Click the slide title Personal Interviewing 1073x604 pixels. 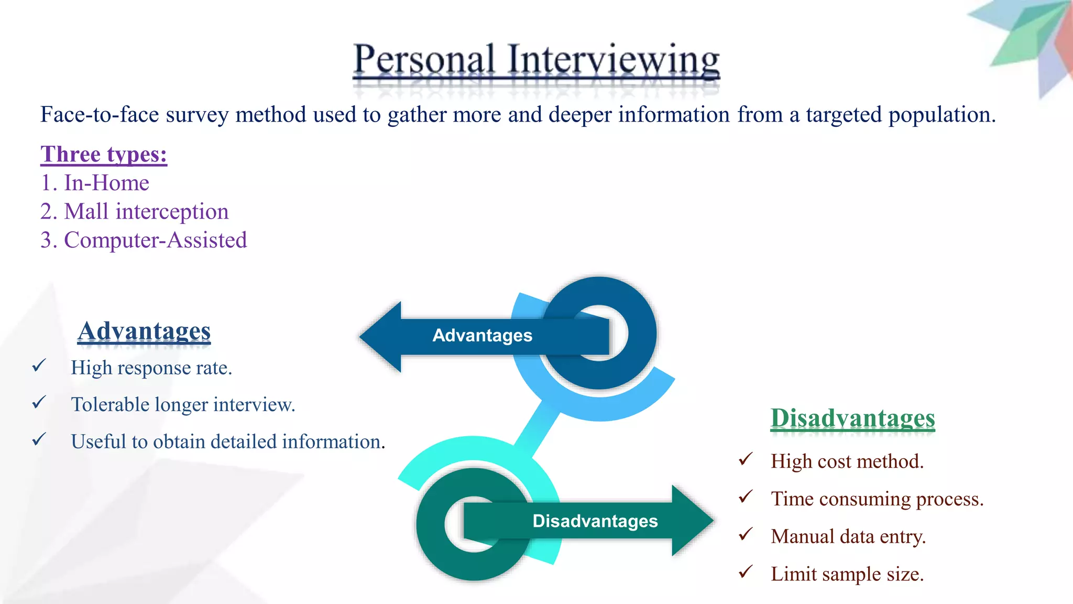tap(536, 60)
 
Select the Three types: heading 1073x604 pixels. tap(104, 155)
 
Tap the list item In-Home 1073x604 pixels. tap(95, 183)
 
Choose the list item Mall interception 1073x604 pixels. tap(135, 212)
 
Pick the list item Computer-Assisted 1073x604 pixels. tap(144, 240)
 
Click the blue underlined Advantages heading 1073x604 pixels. tap(144, 331)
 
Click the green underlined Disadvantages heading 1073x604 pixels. tap(852, 418)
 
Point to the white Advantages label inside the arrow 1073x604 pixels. tap(482, 336)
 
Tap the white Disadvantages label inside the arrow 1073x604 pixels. tap(595, 521)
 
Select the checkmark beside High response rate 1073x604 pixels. tap(39, 365)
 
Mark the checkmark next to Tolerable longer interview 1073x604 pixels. tap(39, 402)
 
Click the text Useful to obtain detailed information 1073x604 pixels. tap(228, 441)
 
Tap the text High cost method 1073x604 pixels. tap(847, 461)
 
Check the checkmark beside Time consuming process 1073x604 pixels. tap(746, 496)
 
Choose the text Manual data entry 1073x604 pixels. tap(848, 536)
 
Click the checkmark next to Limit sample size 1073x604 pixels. tap(746, 571)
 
